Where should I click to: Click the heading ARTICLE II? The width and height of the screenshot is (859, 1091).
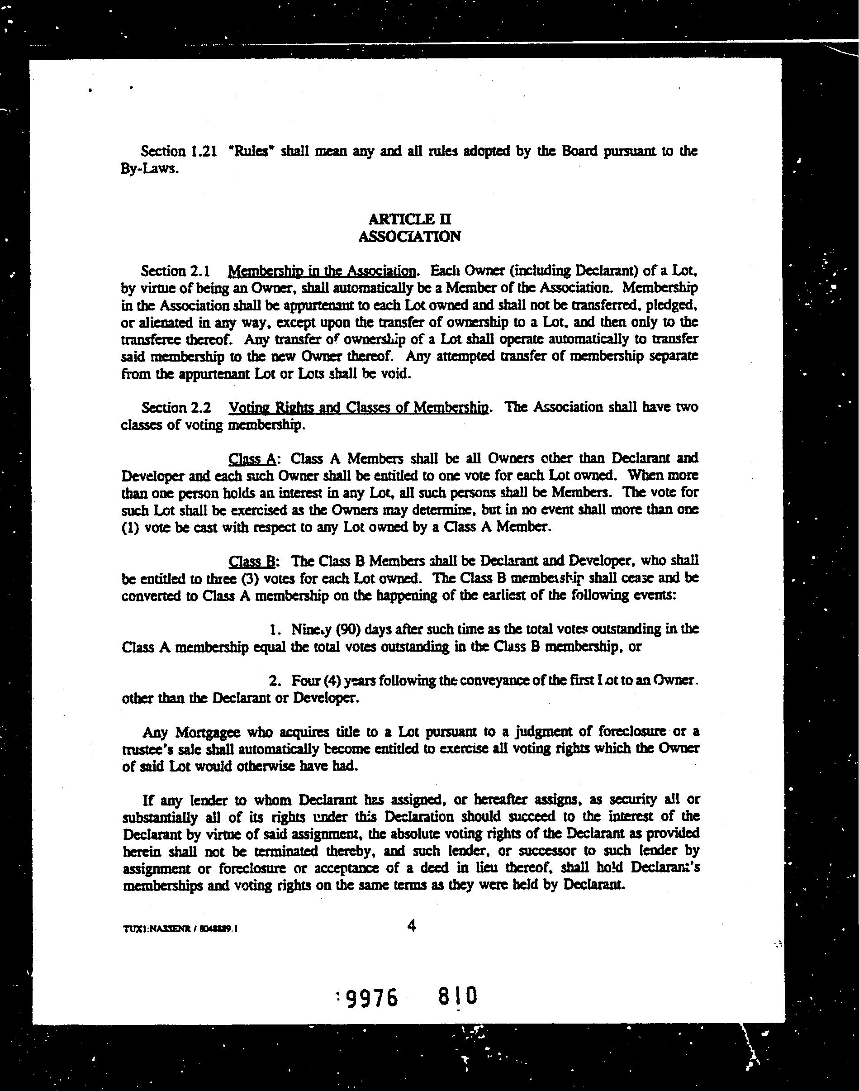pyautogui.click(x=409, y=219)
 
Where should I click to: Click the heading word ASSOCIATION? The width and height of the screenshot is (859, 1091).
pyautogui.click(x=409, y=236)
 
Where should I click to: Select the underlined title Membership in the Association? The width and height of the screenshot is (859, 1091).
pyautogui.click(x=322, y=271)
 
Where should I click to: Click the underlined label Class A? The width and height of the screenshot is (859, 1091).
pyautogui.click(x=252, y=458)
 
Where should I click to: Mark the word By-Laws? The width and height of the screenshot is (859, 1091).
pyautogui.click(x=149, y=169)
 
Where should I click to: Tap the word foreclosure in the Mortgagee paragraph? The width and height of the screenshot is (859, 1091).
pyautogui.click(x=626, y=731)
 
